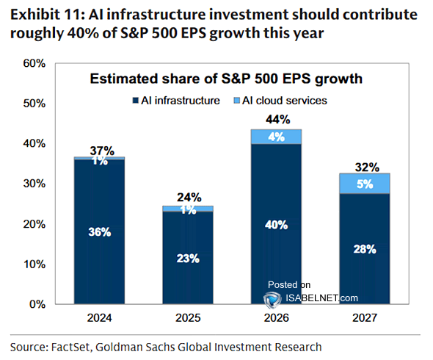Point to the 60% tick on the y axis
click(34, 64)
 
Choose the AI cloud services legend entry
click(281, 101)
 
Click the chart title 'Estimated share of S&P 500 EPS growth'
click(227, 79)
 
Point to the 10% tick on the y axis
click(34, 264)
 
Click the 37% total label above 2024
click(101, 150)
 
